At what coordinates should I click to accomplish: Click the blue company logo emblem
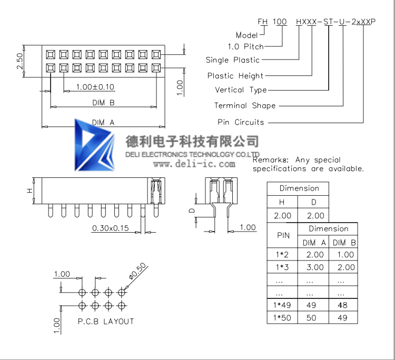(94, 144)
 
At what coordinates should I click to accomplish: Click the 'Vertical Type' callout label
(241, 90)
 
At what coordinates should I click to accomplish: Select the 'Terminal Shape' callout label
(245, 106)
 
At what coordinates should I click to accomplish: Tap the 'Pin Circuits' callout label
(241, 122)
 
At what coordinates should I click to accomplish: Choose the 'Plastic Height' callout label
(235, 76)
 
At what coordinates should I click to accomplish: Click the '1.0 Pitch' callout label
(245, 46)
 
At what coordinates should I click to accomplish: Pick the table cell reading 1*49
(282, 305)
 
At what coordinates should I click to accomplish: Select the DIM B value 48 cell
(343, 305)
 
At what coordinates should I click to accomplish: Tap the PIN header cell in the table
(283, 236)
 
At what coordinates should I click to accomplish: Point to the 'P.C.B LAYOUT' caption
(106, 321)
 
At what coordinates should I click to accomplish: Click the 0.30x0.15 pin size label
(111, 228)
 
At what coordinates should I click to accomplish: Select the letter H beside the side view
(30, 191)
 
